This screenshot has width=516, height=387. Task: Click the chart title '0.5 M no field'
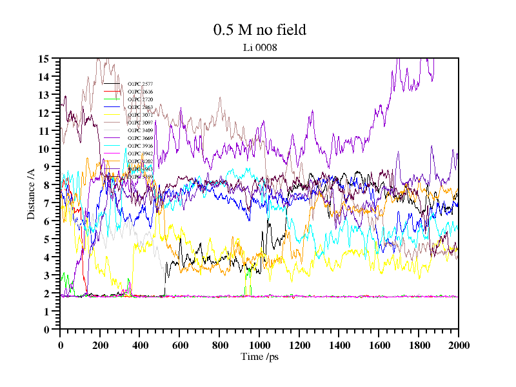click(x=259, y=30)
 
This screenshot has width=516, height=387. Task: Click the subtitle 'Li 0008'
click(x=259, y=47)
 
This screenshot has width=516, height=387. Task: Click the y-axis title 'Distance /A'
click(x=31, y=193)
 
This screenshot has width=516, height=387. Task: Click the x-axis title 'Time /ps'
click(x=259, y=357)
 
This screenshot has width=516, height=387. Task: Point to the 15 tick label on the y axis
click(x=44, y=59)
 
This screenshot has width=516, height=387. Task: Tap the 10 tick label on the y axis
click(x=44, y=149)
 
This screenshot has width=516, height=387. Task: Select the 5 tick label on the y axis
click(x=46, y=239)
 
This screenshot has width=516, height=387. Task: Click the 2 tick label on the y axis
click(x=46, y=293)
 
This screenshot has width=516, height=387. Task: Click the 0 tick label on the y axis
click(x=46, y=330)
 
